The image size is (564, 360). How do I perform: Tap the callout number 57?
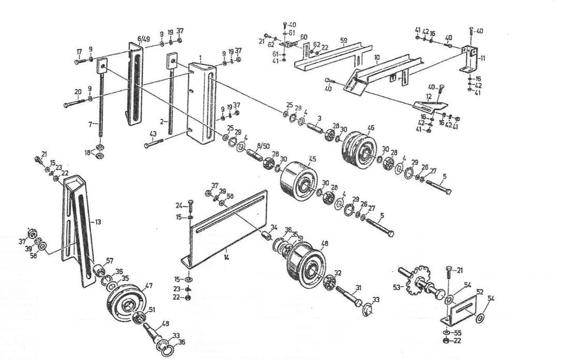coord(109,260)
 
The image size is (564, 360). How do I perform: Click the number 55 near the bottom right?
coord(457,333)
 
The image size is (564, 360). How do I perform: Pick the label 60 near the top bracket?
coord(304,37)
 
